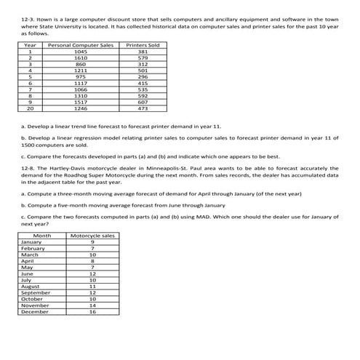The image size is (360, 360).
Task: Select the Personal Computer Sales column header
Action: pos(81,46)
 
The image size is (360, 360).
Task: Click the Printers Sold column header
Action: pos(143,46)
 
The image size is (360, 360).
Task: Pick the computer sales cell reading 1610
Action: pos(81,57)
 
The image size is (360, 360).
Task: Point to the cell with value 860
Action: pos(81,64)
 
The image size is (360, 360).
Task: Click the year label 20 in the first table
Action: pos(31,108)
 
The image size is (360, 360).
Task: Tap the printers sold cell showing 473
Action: pos(143,108)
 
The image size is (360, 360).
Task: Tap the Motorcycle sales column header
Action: pos(92,236)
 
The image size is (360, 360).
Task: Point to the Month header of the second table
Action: pos(42,236)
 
